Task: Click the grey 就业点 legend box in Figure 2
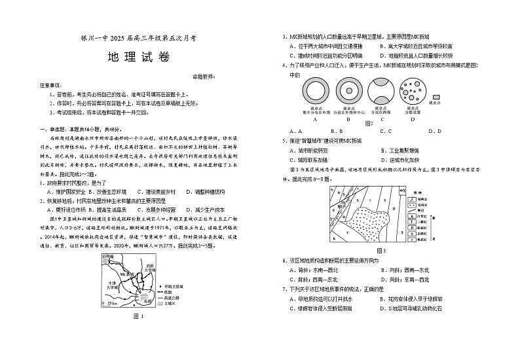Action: click(x=434, y=96)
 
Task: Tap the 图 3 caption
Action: click(x=381, y=251)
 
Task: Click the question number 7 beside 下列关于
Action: click(x=284, y=287)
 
